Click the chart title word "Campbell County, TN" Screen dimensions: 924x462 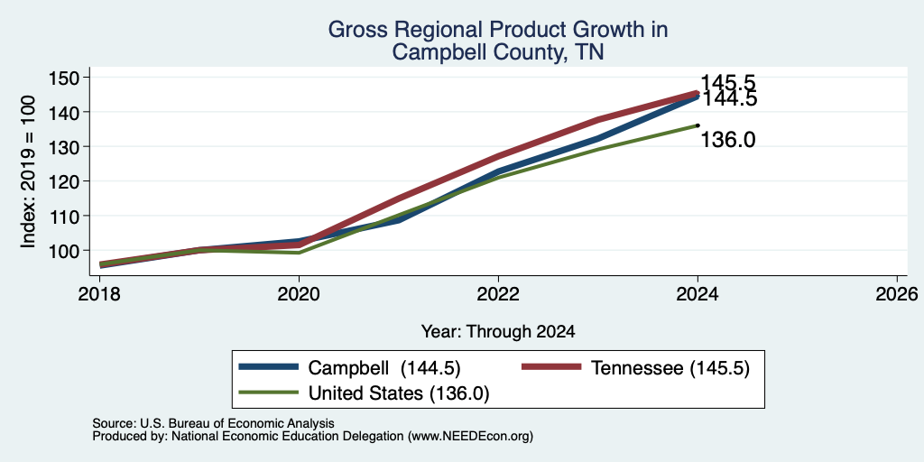pos(498,51)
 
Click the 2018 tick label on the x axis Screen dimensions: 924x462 pos(99,294)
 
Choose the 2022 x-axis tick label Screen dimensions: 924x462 pos(498,294)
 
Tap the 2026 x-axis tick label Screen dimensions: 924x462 pos(897,294)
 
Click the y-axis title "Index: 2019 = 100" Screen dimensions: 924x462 pos(28,171)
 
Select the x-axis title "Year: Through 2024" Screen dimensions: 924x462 pos(498,332)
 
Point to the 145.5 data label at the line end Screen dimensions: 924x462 pos(728,83)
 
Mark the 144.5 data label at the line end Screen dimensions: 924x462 pos(729,98)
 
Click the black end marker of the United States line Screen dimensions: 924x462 pos(698,125)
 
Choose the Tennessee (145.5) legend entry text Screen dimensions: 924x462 pos(670,368)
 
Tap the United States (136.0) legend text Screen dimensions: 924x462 pos(399,393)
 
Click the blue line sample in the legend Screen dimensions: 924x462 pos(269,367)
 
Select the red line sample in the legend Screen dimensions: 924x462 pos(552,367)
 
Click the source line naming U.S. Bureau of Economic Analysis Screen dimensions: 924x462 pos(213,423)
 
